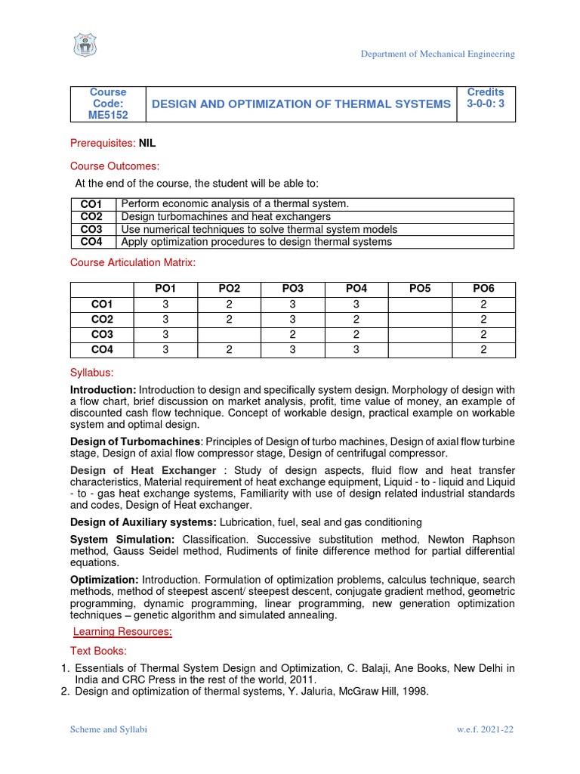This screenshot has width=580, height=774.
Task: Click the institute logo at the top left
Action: [85, 45]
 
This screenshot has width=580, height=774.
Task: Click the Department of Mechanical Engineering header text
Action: [437, 54]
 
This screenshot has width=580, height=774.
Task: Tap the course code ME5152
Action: [109, 115]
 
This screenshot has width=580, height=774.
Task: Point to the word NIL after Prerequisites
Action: [147, 143]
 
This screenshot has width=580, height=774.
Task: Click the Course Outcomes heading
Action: [115, 166]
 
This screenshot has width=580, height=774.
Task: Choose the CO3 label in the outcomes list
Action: [91, 229]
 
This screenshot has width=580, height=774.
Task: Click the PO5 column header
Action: [420, 289]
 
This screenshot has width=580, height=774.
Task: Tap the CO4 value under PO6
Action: [483, 349]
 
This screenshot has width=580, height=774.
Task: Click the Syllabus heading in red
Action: [91, 373]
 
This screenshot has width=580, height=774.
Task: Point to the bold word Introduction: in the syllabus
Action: [103, 389]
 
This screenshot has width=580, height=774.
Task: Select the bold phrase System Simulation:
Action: [122, 540]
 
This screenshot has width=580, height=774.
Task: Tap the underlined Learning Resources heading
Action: [122, 631]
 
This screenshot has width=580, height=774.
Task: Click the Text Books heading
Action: [99, 650]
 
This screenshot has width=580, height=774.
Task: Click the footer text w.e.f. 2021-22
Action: [486, 729]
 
